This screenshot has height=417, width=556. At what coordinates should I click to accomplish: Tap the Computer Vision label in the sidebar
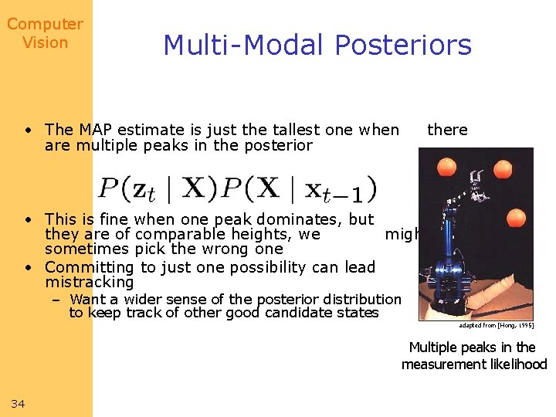45,34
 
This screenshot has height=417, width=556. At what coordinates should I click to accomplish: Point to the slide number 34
19,404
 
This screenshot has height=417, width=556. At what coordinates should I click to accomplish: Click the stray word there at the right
447,130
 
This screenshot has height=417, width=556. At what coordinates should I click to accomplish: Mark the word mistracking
90,282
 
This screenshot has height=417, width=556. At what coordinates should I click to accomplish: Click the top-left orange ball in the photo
446,166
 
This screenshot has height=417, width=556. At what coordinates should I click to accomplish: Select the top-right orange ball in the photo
503,168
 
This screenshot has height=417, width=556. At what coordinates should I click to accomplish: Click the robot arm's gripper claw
475,181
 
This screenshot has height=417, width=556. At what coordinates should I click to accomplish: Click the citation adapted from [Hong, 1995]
496,325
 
